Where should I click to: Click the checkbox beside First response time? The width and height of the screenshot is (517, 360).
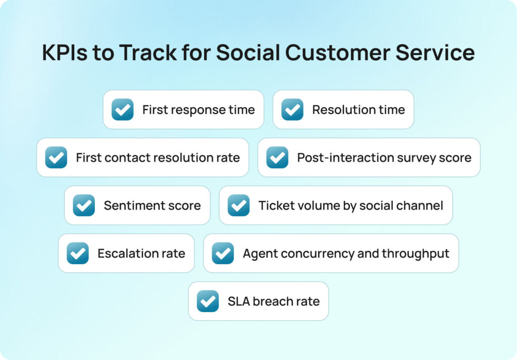point(123,110)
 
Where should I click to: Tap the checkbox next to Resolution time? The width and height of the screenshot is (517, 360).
point(292,110)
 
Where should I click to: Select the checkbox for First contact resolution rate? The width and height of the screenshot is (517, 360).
point(56,158)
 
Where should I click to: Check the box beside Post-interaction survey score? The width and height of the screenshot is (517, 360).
point(277,158)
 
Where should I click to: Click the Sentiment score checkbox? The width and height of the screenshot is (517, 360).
point(84,205)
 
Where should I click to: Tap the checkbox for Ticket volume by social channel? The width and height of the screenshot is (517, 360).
point(238,205)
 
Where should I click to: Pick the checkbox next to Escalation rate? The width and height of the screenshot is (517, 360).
point(78,253)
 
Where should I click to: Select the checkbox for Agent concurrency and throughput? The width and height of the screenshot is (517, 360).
point(223,253)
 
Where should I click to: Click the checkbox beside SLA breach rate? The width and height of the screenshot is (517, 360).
point(208,301)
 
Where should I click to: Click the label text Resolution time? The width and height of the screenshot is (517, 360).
point(358,110)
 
